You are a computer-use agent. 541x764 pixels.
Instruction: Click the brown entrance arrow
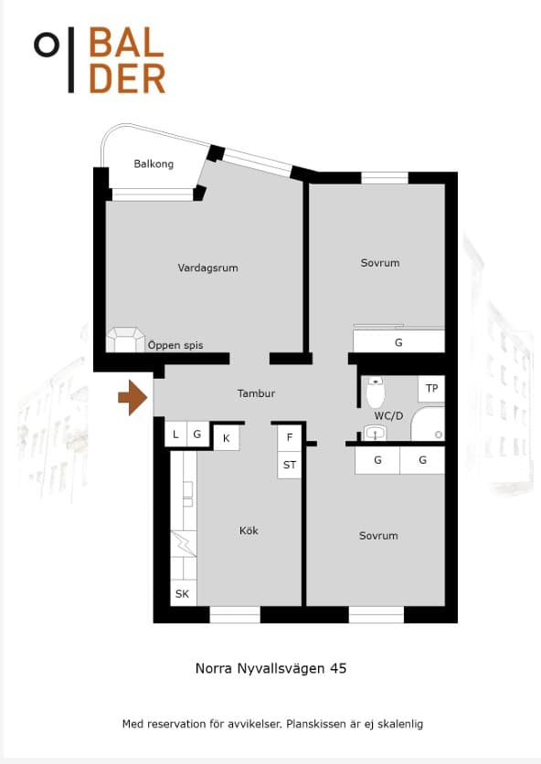[x=133, y=398]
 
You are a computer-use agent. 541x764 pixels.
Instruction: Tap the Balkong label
[x=154, y=163]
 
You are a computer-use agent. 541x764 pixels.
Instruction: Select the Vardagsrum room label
[x=207, y=267]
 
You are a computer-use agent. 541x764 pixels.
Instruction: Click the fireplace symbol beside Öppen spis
[x=126, y=340]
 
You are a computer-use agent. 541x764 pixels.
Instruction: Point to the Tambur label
[x=256, y=393]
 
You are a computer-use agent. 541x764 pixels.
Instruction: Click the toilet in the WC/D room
[x=376, y=392]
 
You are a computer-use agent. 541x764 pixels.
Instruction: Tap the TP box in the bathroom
[x=431, y=388]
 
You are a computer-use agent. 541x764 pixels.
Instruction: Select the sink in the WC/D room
[x=376, y=433]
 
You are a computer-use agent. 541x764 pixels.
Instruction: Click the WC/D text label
[x=388, y=415]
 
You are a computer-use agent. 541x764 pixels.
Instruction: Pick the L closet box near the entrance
[x=175, y=434]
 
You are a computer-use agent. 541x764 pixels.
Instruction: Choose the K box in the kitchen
[x=227, y=438]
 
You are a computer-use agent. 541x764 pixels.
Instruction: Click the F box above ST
[x=290, y=437]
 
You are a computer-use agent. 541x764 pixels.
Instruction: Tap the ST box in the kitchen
[x=290, y=465]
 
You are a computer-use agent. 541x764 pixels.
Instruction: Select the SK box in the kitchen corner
[x=183, y=593]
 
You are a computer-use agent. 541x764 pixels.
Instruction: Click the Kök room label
[x=249, y=530]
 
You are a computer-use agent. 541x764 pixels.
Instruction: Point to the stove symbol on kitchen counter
[x=184, y=544]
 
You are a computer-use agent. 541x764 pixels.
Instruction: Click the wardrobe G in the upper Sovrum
[x=398, y=341]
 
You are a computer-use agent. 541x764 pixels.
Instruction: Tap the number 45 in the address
[x=338, y=668]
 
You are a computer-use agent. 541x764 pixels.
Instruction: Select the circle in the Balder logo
[x=47, y=45]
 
